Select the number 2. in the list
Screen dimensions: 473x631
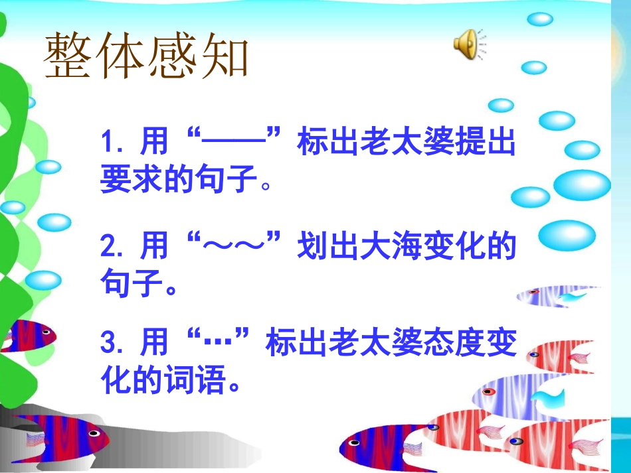[x=113, y=247]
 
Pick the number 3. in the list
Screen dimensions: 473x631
[x=113, y=345]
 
